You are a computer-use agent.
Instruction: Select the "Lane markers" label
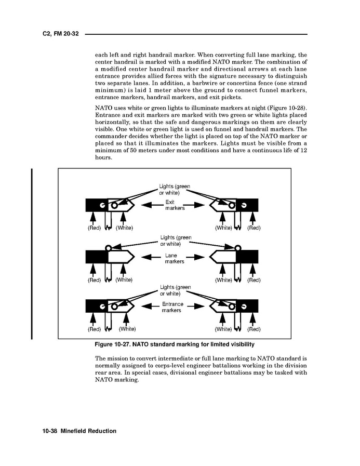point(171,258)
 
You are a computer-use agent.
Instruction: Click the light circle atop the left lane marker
point(109,248)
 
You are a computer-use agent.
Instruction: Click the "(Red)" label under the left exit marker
point(94,228)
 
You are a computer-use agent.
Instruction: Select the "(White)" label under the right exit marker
point(223,228)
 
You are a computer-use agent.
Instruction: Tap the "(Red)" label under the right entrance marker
point(254,329)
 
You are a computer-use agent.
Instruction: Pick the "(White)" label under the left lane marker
point(124,280)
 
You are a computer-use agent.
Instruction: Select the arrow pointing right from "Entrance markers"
point(195,307)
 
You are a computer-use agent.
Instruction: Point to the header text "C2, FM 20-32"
point(60,34)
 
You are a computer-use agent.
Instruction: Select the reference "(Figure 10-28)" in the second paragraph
point(284,112)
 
